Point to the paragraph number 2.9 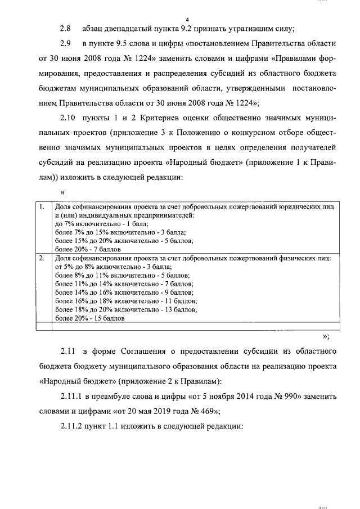66,43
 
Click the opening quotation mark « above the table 62,193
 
